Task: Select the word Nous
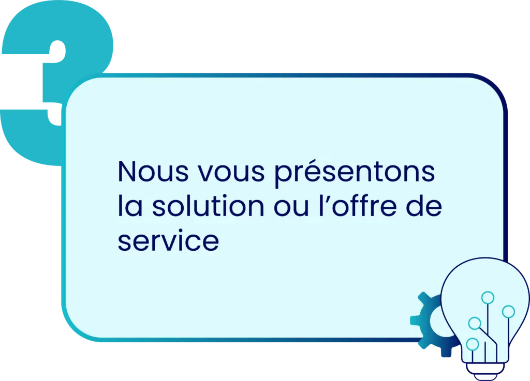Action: click(153, 172)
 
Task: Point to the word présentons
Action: click(354, 173)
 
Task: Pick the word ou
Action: click(291, 208)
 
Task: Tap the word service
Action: click(168, 240)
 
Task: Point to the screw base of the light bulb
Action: click(485, 370)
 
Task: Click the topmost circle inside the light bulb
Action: click(488, 298)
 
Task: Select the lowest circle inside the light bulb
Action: click(472, 344)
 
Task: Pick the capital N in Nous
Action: click(127, 172)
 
